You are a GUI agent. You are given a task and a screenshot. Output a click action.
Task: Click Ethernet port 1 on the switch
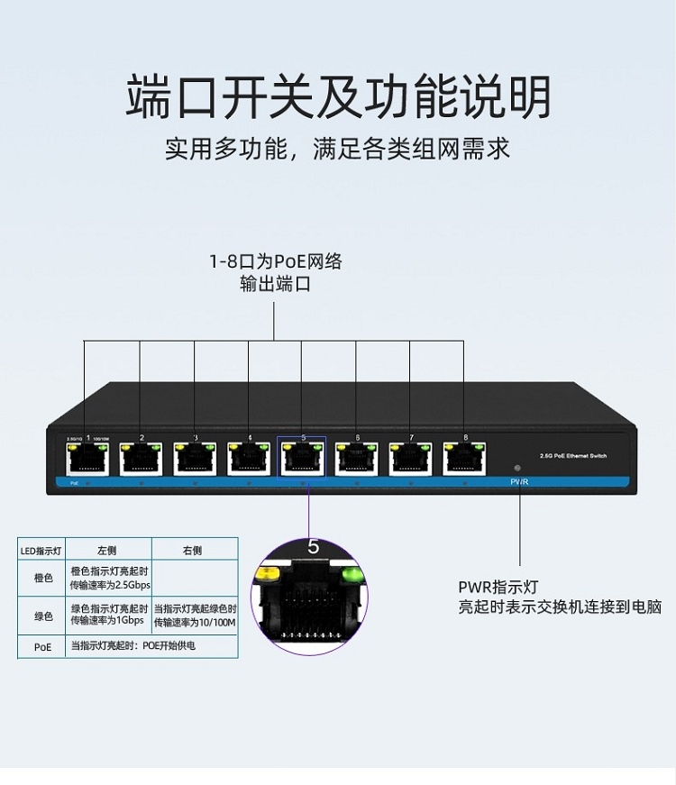point(87,460)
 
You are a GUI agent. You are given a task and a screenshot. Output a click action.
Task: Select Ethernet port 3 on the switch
point(195,460)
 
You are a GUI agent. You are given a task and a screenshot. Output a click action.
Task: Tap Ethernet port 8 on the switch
point(465,460)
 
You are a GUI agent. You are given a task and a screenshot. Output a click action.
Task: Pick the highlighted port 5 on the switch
point(303,460)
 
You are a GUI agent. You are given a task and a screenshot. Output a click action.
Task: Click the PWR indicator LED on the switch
point(516,469)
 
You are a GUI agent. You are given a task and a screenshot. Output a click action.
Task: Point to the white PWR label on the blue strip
point(518,483)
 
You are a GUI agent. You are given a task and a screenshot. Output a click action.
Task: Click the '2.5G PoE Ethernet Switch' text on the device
point(571,456)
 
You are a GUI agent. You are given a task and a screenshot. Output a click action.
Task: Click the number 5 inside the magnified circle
point(313,547)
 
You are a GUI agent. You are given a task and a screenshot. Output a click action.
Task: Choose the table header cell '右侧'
point(192,550)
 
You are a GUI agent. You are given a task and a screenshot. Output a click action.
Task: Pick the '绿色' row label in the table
point(42,616)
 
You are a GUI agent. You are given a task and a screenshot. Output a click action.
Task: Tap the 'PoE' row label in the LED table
point(42,646)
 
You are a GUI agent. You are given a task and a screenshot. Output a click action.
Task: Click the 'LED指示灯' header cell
point(41,550)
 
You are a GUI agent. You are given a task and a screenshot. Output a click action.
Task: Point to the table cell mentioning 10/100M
point(194,616)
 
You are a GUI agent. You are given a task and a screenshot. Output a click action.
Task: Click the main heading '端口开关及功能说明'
point(338,97)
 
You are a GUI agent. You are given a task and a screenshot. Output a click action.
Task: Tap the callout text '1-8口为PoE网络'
point(276,262)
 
